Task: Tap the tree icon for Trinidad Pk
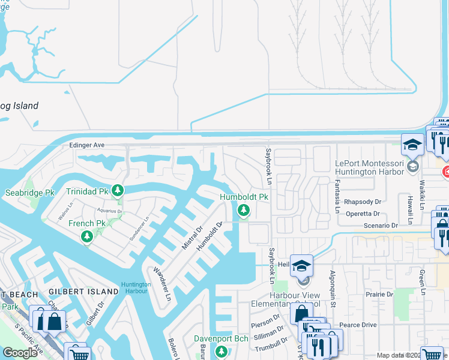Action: (x=118, y=191)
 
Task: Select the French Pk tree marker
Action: (x=88, y=236)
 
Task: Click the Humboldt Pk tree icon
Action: (x=244, y=210)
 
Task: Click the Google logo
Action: (x=20, y=352)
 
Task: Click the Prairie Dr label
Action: (x=381, y=295)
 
